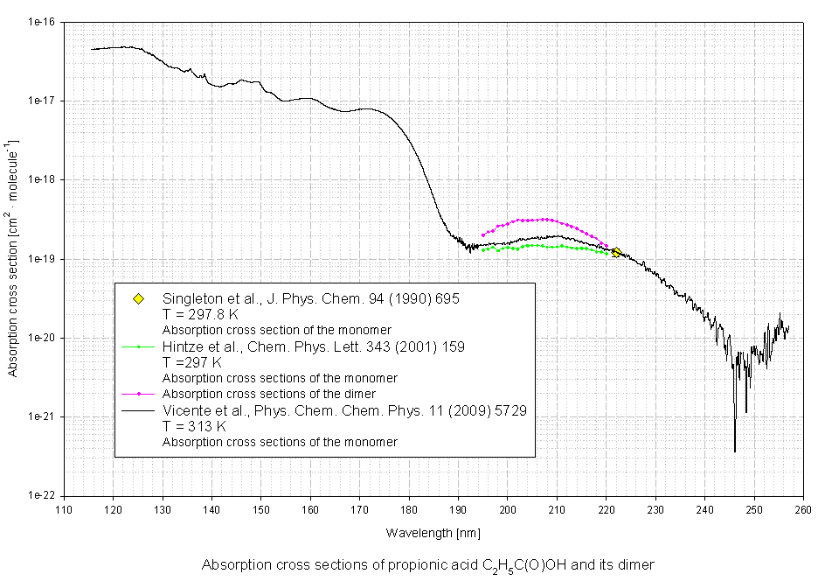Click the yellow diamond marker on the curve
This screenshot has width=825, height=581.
click(616, 252)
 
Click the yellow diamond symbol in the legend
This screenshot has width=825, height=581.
click(138, 300)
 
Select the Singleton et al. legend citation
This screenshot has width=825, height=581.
click(311, 298)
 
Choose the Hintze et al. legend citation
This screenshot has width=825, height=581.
click(314, 346)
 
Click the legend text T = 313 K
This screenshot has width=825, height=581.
click(195, 426)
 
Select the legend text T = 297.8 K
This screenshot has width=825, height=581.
click(201, 313)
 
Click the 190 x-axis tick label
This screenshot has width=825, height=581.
click(458, 509)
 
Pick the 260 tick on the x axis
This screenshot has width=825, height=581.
click(804, 509)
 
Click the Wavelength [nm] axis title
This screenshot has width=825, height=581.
click(433, 532)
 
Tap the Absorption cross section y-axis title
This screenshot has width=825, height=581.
click(11, 258)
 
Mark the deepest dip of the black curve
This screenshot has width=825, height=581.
click(734, 450)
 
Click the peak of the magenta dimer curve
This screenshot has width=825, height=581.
click(544, 219)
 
